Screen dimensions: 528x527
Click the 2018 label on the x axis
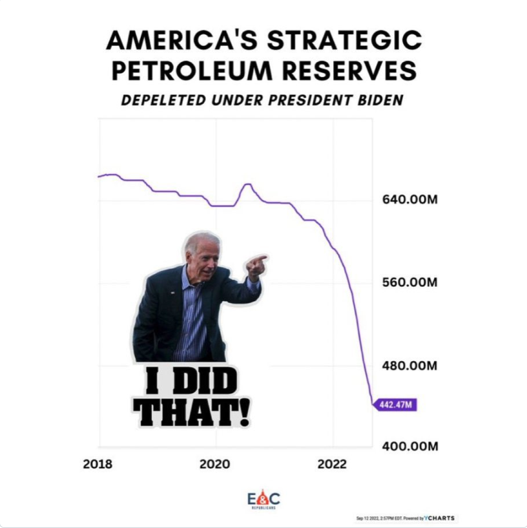(98, 465)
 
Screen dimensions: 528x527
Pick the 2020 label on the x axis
(215, 465)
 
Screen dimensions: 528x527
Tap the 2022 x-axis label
(332, 465)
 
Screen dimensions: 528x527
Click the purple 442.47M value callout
(396, 405)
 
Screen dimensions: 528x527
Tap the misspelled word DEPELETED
(165, 100)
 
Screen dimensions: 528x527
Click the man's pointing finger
(260, 259)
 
